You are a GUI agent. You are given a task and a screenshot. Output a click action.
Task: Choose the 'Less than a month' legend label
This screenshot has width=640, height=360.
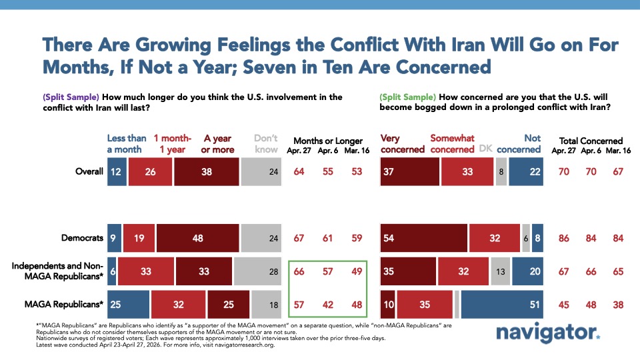pos(127,144)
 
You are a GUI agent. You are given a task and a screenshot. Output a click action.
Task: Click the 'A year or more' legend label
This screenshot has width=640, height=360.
pos(217,144)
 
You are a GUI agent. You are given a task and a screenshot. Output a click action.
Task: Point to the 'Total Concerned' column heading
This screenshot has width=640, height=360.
pos(591,141)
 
